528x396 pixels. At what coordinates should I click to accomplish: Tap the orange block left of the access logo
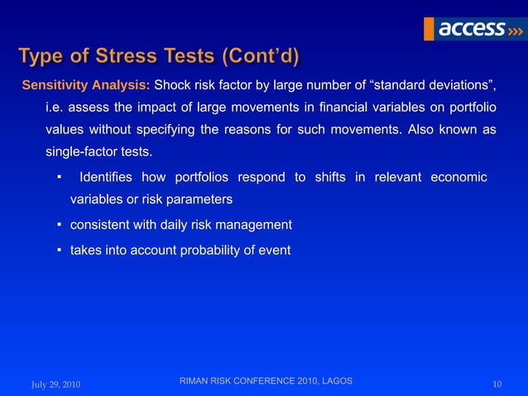pyautogui.click(x=429, y=28)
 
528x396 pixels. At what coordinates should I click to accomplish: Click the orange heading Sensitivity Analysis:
pyautogui.click(x=86, y=85)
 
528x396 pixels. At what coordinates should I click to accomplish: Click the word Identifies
pyautogui.click(x=106, y=177)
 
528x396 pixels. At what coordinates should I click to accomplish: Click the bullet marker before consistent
pyautogui.click(x=60, y=225)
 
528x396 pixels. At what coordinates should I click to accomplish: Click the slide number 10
pyautogui.click(x=497, y=384)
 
